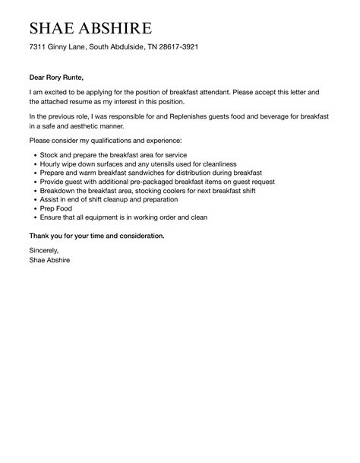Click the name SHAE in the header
click(55, 30)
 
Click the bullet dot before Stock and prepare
click(34, 154)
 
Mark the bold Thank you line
click(96, 236)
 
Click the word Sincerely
click(43, 249)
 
